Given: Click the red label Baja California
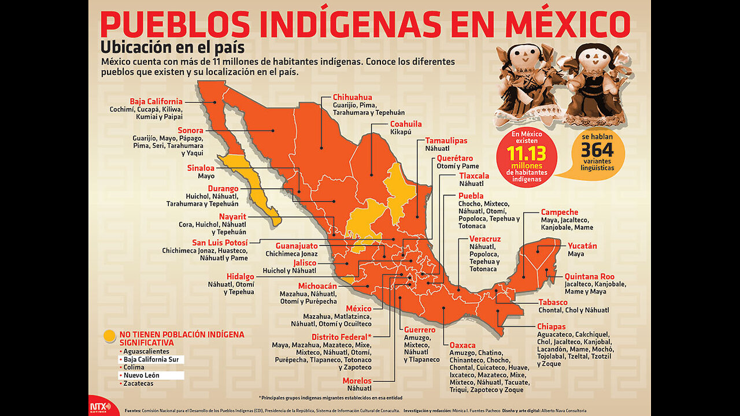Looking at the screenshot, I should tap(156, 101).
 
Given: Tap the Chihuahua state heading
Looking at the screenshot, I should tap(353, 97).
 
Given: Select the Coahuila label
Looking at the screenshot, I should tap(406, 124).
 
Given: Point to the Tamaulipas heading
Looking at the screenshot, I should tap(446, 140).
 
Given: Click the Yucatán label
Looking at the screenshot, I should tap(582, 246).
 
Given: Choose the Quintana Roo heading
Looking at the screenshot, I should tap(590, 276).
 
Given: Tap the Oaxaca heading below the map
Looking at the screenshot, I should tap(462, 345).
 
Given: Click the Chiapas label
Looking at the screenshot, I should tap(551, 326).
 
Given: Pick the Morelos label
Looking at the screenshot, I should tap(357, 380).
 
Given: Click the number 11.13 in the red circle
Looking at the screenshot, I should tap(526, 153).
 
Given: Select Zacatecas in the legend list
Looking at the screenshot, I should tap(138, 383).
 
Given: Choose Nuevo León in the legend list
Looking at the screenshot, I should tap(142, 375).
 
